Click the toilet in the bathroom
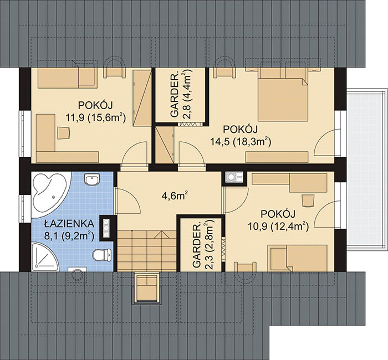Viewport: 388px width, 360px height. pos(101,255)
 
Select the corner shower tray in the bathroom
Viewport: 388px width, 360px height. pos(44,256)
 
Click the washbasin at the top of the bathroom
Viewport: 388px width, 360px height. pos(92,179)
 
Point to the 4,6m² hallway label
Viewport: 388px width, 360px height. pos(175,196)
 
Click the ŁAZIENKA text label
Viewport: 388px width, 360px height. pos(69,224)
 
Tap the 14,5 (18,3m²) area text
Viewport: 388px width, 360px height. pos(241,142)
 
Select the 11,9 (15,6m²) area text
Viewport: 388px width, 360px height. pos(96,117)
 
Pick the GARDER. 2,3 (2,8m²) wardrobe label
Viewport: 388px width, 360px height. pos(203,245)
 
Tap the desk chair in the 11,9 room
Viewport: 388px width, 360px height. pos(64,133)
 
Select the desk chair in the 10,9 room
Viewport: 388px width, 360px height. pos(308,200)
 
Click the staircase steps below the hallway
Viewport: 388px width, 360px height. pos(147,250)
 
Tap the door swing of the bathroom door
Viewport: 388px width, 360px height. pos(129,201)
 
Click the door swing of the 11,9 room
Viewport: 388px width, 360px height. pos(136,153)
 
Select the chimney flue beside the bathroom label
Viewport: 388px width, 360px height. pos(106,228)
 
